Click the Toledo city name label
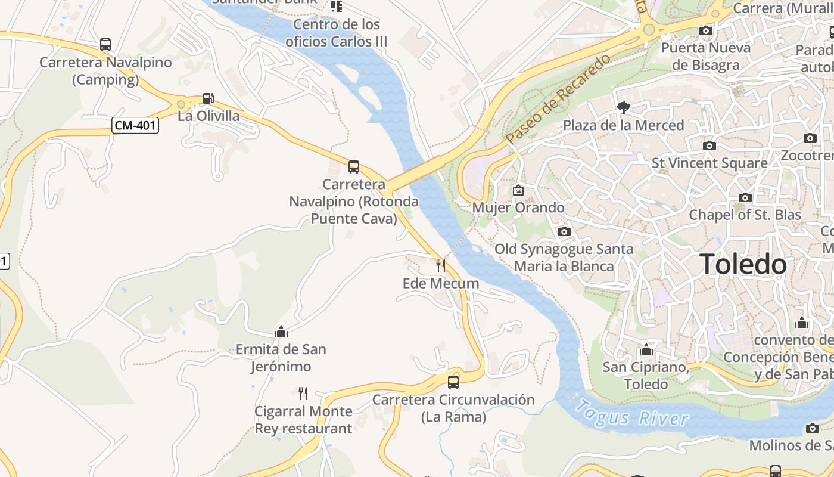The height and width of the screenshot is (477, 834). pos(743,264)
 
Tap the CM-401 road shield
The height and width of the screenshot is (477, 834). pos(136,125)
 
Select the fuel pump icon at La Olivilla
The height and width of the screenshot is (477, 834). pos(208,98)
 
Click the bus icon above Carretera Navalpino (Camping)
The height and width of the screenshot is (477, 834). pos(105,45)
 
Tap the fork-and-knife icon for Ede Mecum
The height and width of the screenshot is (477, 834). pos(441,265)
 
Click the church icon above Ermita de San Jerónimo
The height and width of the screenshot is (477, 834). pos(281,332)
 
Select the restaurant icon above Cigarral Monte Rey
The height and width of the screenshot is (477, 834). pos(303,393)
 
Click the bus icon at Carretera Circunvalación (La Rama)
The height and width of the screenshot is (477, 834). pos(453,382)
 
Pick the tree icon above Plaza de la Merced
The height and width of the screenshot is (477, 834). pos(624,108)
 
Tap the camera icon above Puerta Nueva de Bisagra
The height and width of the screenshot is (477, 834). pos(706,30)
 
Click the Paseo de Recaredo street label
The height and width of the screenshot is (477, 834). pos(558,99)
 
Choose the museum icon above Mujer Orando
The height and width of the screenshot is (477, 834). pos(518,190)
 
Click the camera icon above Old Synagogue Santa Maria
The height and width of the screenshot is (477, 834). pos(564,231)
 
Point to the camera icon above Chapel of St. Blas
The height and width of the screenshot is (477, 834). pos(745,197)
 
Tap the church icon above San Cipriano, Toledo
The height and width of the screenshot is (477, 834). pos(646,349)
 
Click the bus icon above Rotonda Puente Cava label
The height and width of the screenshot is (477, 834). pos(354,167)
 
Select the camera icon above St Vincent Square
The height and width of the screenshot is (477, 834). pos(709,145)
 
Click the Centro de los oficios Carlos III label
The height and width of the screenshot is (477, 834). pos(337,33)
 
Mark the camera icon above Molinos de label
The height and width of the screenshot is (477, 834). pos(813,428)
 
